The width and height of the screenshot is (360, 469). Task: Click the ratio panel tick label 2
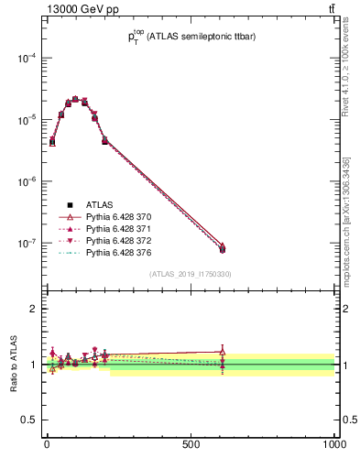pyautogui.click(x=33, y=309)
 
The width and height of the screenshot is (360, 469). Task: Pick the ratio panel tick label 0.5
pyautogui.click(x=29, y=420)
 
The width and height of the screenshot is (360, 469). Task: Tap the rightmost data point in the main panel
pyautogui.click(x=223, y=248)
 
